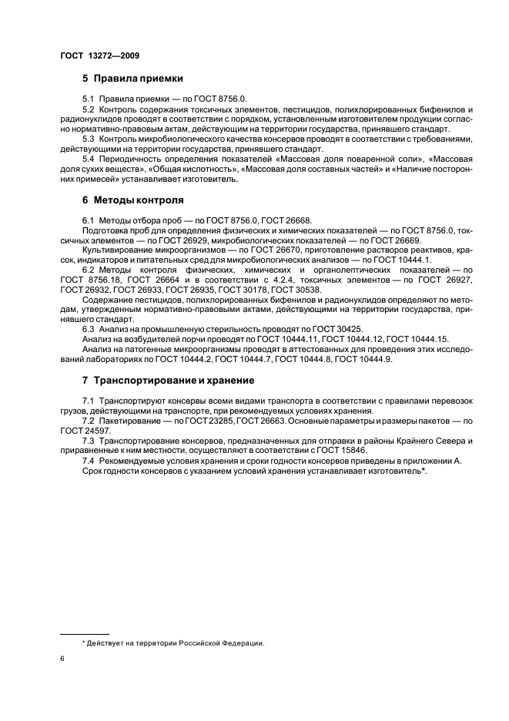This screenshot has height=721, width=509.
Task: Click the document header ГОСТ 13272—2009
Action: [x=99, y=56]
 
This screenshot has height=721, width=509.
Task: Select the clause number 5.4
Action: [x=88, y=157]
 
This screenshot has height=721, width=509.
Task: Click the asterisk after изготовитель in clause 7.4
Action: [x=424, y=470]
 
